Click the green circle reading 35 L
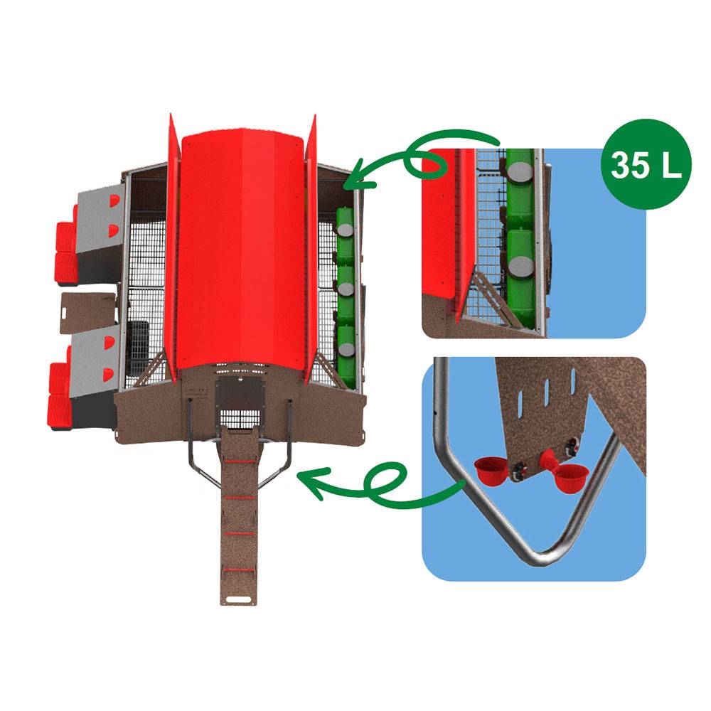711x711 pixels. (646, 164)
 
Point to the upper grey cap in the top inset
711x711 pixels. (520, 171)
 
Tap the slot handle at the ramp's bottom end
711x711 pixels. (238, 599)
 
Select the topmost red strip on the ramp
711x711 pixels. (240, 461)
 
